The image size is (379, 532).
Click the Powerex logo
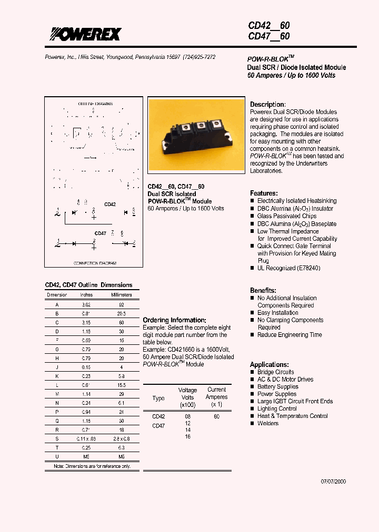(85, 34)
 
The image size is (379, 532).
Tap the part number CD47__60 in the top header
(268, 36)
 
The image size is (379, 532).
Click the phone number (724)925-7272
(199, 57)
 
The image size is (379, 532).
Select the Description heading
(267, 105)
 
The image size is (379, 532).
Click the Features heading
(264, 193)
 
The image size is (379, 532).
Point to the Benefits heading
(263, 290)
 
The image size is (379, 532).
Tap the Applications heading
(269, 364)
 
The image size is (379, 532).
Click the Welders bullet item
(268, 423)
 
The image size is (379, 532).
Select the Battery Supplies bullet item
(277, 386)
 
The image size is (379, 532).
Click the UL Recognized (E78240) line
(288, 268)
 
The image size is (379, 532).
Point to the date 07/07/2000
(334, 482)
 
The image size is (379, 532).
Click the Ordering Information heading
(174, 320)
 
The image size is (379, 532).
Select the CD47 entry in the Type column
(158, 426)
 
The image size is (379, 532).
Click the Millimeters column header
(121, 295)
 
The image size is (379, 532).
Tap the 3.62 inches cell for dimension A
(86, 304)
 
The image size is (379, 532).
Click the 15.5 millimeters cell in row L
(121, 386)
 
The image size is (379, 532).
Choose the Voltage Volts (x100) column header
(187, 398)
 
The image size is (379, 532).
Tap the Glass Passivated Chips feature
(287, 216)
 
